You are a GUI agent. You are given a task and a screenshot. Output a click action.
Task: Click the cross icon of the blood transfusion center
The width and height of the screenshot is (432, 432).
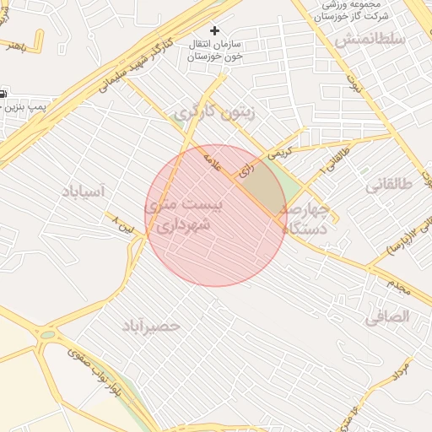click(x=214, y=30)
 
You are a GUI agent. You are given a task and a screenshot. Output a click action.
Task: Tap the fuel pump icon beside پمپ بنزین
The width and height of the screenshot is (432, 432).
click(x=3, y=92)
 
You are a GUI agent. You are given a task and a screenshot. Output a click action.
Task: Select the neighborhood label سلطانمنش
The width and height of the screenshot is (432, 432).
click(x=370, y=39)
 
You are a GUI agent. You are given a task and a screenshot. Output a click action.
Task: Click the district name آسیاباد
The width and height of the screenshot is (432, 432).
click(x=82, y=192)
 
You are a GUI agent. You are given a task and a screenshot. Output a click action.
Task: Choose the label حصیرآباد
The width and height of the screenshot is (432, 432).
click(x=151, y=325)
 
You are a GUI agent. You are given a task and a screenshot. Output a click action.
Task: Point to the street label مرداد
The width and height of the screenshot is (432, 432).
click(x=401, y=372)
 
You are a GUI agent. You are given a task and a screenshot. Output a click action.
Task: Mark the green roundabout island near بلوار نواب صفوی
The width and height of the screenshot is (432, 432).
click(x=47, y=335)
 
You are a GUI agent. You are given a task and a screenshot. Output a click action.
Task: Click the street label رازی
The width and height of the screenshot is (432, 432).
click(x=246, y=169)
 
